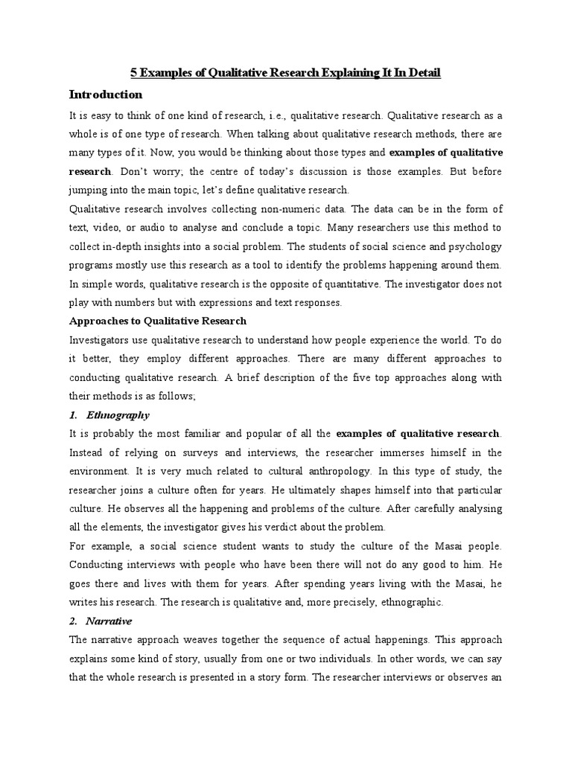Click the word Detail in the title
coord(424,73)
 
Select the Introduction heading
coord(106,95)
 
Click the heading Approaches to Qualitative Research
coord(157,321)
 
